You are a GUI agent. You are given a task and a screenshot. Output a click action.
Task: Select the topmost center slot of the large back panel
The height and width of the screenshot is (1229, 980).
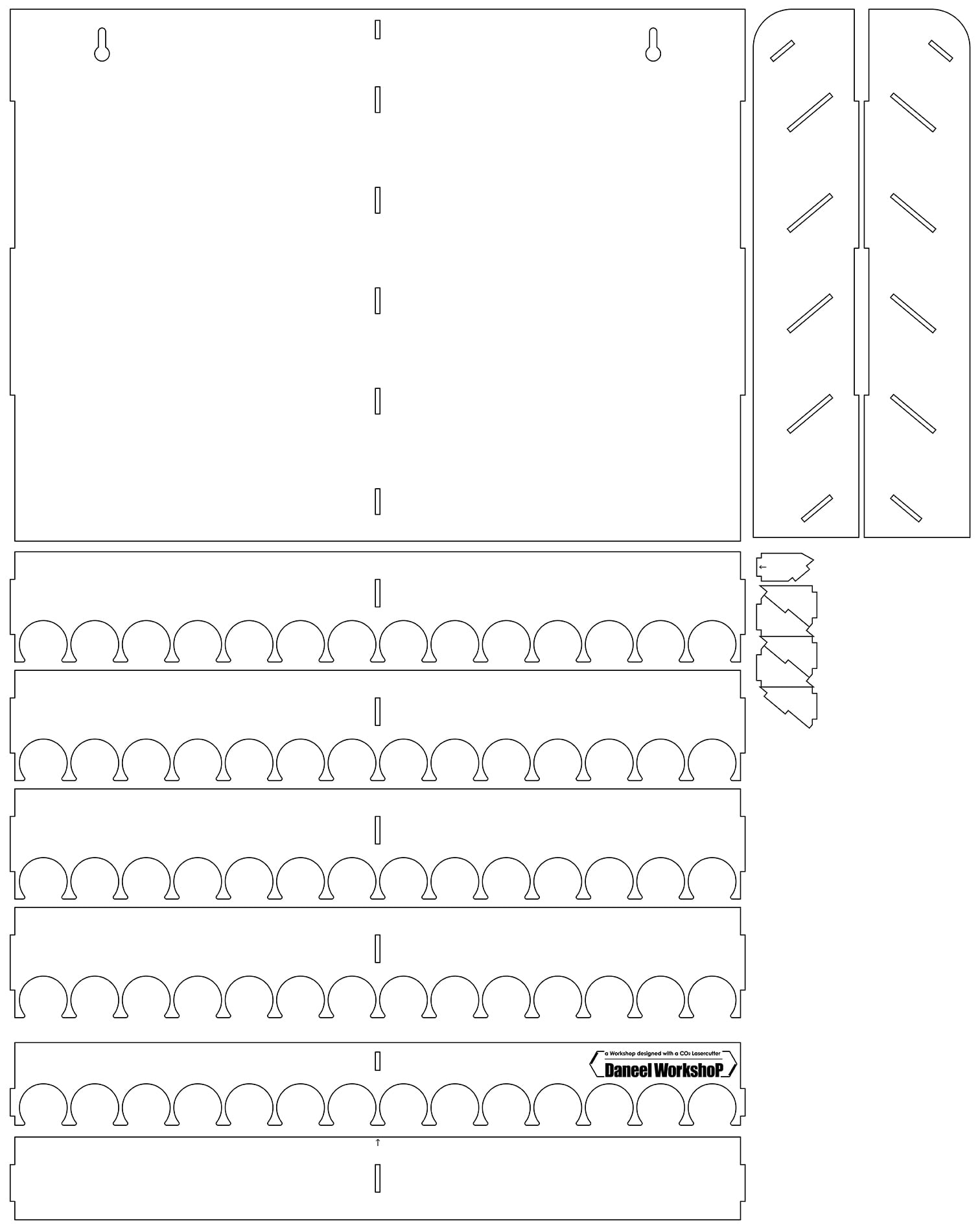377,30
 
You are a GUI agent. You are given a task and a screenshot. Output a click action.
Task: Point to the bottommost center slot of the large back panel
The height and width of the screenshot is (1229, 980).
377,502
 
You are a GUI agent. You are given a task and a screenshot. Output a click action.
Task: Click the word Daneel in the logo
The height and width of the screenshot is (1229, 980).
627,1070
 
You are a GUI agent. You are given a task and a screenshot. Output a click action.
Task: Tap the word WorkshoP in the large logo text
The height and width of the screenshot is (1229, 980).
688,1070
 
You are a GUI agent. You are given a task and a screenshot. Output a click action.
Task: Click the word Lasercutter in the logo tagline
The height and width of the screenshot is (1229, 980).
703,1054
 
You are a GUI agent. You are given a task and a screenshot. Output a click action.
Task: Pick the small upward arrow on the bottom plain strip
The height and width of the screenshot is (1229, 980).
378,1143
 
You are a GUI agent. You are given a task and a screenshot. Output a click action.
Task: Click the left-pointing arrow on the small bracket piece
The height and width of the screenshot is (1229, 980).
762,567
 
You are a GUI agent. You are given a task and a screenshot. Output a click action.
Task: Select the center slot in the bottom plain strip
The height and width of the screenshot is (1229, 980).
377,1178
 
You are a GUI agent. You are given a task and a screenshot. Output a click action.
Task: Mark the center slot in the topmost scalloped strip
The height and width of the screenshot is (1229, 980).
377,593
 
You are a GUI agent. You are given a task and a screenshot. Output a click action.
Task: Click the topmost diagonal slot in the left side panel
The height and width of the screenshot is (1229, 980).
782,51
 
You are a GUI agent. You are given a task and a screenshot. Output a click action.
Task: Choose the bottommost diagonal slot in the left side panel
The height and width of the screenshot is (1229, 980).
817,508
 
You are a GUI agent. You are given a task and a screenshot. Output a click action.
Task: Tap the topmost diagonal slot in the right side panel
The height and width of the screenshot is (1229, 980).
940,51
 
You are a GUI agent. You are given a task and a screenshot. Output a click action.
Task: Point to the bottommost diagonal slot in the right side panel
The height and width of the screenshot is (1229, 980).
906,508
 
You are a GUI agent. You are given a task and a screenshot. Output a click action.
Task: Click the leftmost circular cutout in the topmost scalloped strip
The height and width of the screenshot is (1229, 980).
43,642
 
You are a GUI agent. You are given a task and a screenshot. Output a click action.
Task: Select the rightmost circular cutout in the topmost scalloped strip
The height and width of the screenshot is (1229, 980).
712,642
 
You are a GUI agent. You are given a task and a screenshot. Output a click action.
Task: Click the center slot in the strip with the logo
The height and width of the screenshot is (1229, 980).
377,1061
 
